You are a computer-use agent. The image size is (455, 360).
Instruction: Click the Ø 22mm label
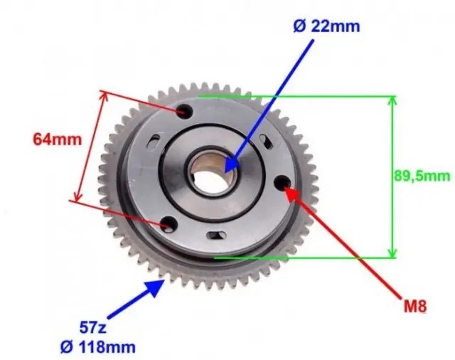[x=326, y=27]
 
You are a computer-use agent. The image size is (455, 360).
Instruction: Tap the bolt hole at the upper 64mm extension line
[x=184, y=111]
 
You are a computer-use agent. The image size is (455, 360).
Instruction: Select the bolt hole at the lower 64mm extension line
[x=168, y=226]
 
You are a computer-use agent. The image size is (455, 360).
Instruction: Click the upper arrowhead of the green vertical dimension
[x=392, y=100]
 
